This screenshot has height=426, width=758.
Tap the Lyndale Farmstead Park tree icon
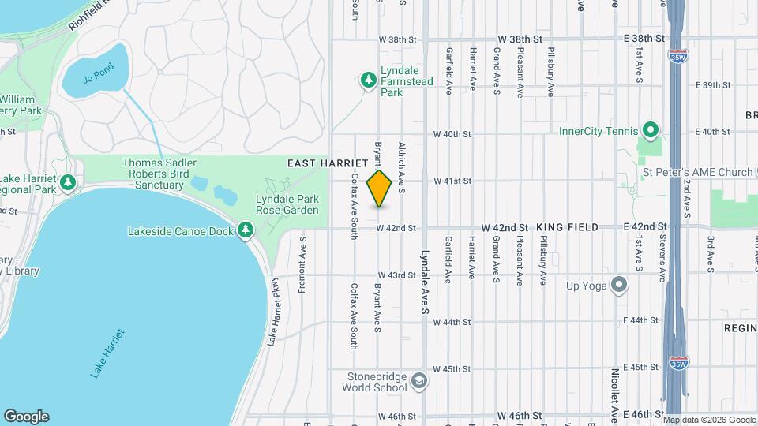(367, 80)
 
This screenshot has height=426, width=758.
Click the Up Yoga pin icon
(619, 285)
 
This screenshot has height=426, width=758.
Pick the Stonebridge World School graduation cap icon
(420, 381)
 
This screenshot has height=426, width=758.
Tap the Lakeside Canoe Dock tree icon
(246, 230)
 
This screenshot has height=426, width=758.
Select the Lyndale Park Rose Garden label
(287, 204)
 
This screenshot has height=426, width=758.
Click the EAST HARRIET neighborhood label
(322, 163)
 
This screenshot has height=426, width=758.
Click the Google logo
(26, 417)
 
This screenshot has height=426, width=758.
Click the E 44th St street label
(640, 321)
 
